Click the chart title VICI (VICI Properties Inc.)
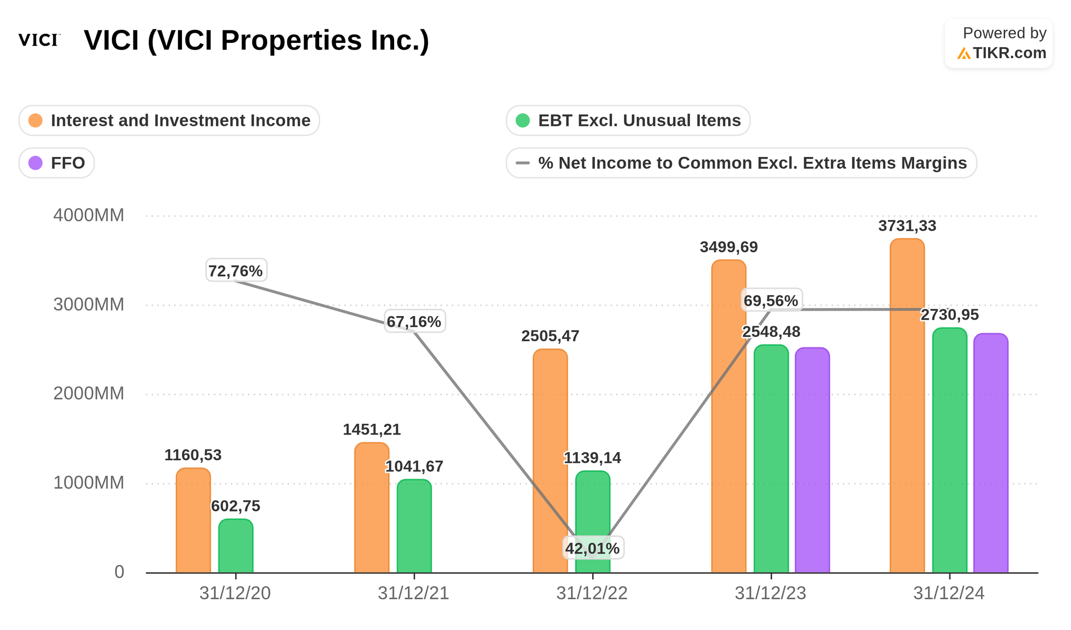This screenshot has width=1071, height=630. pos(257,41)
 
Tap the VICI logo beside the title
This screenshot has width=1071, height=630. pos(39,40)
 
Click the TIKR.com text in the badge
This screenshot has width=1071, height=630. pos(1009,53)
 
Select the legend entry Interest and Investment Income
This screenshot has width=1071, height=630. pos(169,121)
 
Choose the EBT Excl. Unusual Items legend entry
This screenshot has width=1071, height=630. pos(628,121)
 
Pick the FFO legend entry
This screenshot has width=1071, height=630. pos(57,163)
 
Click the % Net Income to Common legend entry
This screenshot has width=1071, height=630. pos(741,163)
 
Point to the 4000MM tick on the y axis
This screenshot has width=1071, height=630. pos(88,215)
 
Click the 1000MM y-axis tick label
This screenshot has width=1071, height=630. pos(88,483)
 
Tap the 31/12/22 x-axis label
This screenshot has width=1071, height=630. pos(592,594)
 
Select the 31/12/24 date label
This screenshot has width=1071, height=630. pos(949,594)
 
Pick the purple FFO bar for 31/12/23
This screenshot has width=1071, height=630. pos(812,461)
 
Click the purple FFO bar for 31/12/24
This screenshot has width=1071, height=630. pos(990,455)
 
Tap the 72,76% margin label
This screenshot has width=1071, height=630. pos(236,271)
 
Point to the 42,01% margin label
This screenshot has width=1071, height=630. pos(592,549)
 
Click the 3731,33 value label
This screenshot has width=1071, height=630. pos(907,226)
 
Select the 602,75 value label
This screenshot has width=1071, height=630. pos(236,506)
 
